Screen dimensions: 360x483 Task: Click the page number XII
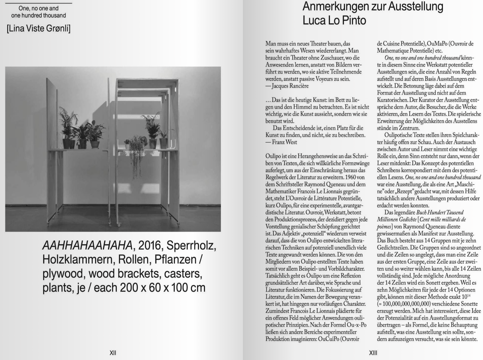click(x=113, y=353)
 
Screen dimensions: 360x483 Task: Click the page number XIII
click(x=373, y=353)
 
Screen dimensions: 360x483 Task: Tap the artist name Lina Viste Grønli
click(x=39, y=29)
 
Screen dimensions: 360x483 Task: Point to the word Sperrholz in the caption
click(x=192, y=245)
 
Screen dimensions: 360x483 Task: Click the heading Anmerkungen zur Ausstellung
click(x=373, y=6)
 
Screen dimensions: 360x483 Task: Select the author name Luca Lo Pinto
click(x=334, y=20)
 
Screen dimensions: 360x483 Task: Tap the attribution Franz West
click(x=284, y=142)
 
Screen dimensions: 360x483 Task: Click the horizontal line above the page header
click(x=38, y=3)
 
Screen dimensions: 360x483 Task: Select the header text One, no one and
click(x=39, y=8)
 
